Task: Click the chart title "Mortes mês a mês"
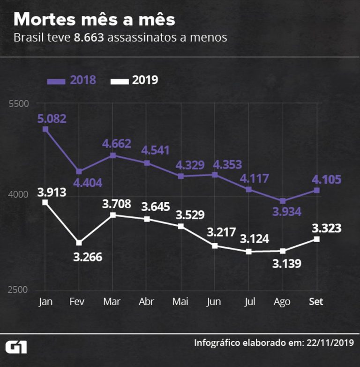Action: (x=94, y=20)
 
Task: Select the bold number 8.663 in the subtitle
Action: (x=89, y=38)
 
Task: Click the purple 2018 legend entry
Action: (x=72, y=80)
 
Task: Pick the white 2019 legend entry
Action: (x=134, y=80)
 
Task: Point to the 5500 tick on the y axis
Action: (x=19, y=104)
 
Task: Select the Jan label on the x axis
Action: (x=45, y=302)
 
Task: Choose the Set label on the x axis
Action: (x=316, y=302)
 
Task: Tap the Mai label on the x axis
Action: (x=181, y=302)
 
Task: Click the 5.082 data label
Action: (x=52, y=118)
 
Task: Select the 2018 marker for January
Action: (x=45, y=129)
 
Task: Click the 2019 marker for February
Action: (x=79, y=243)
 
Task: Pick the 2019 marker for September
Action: (x=317, y=239)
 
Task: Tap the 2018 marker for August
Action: (x=283, y=201)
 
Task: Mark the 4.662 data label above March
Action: (x=117, y=143)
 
